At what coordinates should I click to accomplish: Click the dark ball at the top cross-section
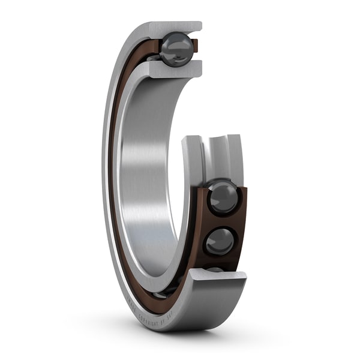tap(176, 49)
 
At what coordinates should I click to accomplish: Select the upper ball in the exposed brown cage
tap(223, 197)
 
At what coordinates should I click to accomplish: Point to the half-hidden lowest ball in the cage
tap(215, 269)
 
